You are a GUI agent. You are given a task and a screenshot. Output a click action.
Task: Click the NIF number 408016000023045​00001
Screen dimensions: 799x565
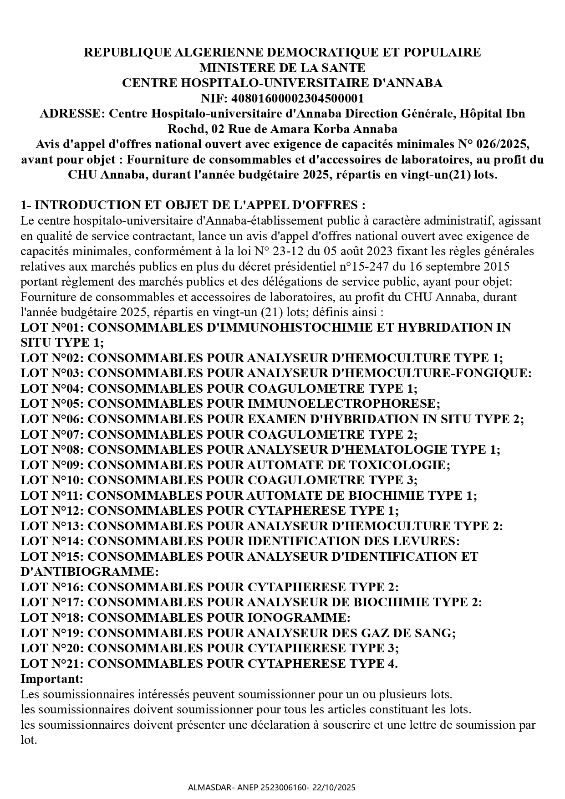coord(298,98)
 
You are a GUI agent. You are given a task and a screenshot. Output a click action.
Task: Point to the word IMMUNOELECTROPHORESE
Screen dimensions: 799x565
coord(344,404)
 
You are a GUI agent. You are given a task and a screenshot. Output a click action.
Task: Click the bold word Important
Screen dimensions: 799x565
coord(52,679)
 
